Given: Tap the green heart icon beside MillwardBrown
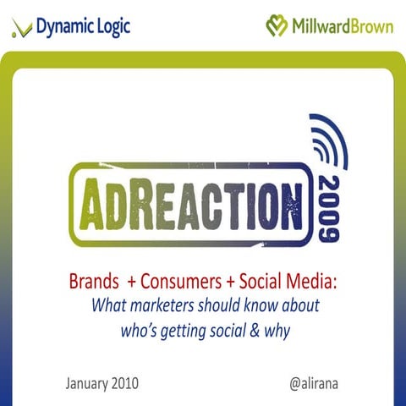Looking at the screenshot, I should (277, 25).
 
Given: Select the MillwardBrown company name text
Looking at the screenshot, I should (343, 25).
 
